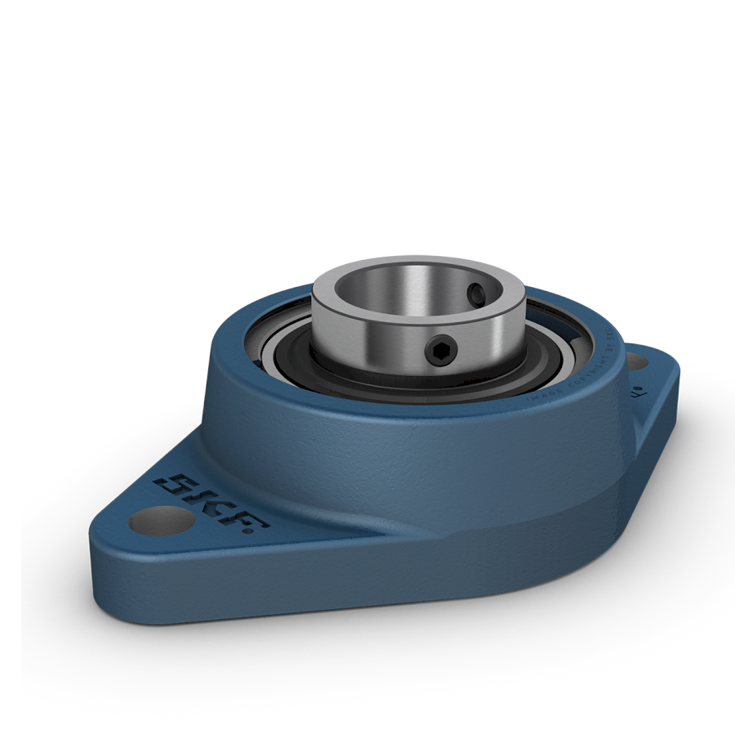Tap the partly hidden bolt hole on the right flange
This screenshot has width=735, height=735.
click(639, 361)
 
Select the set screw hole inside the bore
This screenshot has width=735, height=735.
click(476, 292)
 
